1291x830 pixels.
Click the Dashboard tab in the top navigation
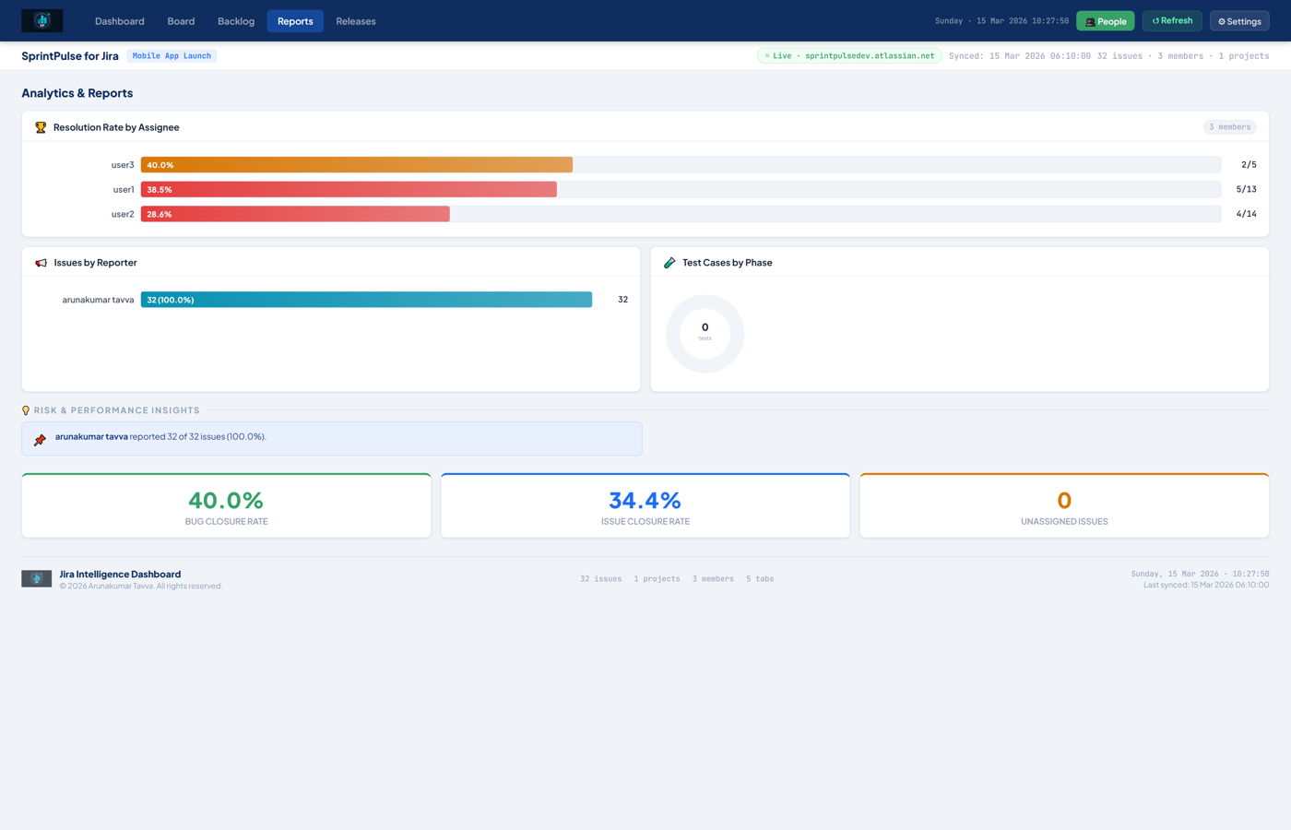pyautogui.click(x=119, y=21)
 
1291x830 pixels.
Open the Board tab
pyautogui.click(x=181, y=21)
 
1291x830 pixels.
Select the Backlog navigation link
pyautogui.click(x=236, y=21)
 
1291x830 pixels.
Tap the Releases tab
pyautogui.click(x=356, y=21)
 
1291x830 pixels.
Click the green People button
pyautogui.click(x=1105, y=21)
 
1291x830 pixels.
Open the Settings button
pyautogui.click(x=1239, y=21)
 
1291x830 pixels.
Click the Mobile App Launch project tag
pyautogui.click(x=172, y=56)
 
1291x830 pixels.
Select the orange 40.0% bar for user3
pyautogui.click(x=356, y=165)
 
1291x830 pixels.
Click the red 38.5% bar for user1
pyautogui.click(x=349, y=189)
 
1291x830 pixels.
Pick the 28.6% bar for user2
pyautogui.click(x=295, y=214)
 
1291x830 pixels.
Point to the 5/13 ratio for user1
pyautogui.click(x=1246, y=189)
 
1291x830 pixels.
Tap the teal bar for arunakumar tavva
pyautogui.click(x=366, y=300)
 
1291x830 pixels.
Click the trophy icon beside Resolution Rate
pyautogui.click(x=41, y=127)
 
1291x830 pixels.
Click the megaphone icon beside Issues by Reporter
pyautogui.click(x=41, y=263)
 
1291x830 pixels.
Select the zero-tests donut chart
pyautogui.click(x=705, y=334)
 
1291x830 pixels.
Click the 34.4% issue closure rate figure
pyautogui.click(x=645, y=501)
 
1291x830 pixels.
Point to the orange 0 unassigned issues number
pyautogui.click(x=1064, y=501)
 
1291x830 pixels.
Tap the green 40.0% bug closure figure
pyautogui.click(x=226, y=501)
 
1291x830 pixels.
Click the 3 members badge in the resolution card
pyautogui.click(x=1229, y=127)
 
